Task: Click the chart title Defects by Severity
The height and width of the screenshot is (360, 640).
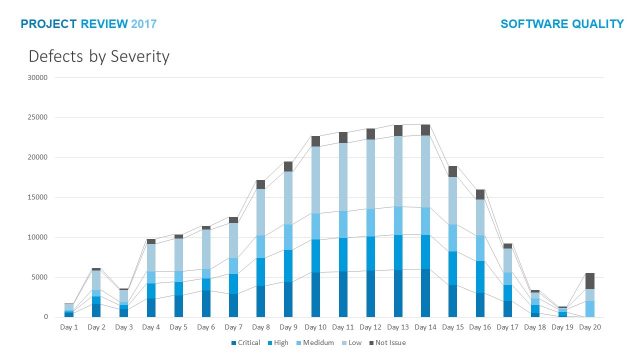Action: (x=99, y=56)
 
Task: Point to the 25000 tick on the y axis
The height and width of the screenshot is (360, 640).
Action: (x=37, y=117)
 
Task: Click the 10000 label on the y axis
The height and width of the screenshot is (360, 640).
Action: (x=37, y=237)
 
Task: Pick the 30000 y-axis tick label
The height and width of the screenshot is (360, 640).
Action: (x=37, y=77)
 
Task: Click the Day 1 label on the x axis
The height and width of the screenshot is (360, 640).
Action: (x=69, y=327)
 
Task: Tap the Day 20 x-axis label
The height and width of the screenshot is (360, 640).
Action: (x=591, y=327)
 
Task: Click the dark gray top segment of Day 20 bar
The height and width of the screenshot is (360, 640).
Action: (x=591, y=281)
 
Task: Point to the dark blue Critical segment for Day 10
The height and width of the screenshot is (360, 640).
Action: (x=315, y=295)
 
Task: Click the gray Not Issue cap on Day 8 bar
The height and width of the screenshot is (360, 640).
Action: (x=260, y=184)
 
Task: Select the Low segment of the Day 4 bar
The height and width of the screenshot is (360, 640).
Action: (x=151, y=258)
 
